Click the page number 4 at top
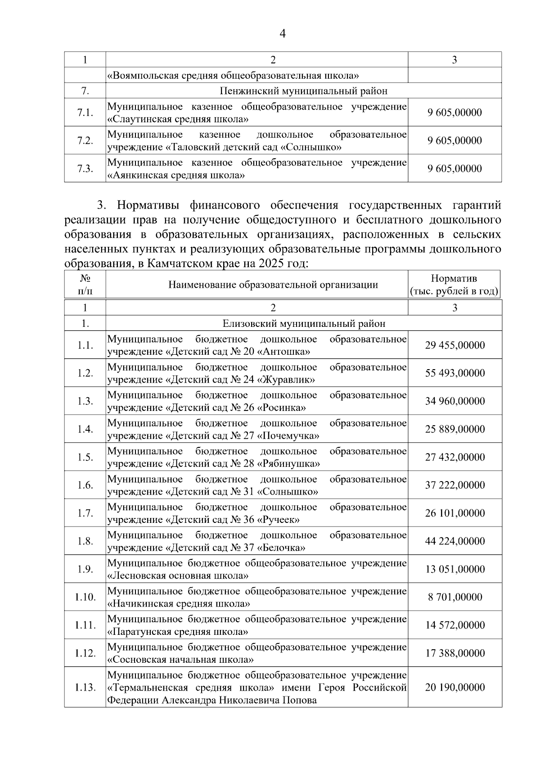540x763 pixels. pos(283,34)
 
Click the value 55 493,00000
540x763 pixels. pos(455,373)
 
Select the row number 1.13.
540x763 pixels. pos(85,687)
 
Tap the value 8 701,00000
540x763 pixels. pos(455,597)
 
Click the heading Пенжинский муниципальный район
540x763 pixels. pos(303,91)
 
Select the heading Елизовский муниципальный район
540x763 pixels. pos(304,323)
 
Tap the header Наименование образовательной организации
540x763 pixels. pos(273,285)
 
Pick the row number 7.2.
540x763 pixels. pos(85,140)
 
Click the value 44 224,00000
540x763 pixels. pos(455,541)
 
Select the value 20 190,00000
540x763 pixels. pos(455,687)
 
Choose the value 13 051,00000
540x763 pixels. pos(455,569)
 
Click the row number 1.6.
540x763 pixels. pos(85,485)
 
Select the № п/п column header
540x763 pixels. pos(85,285)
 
